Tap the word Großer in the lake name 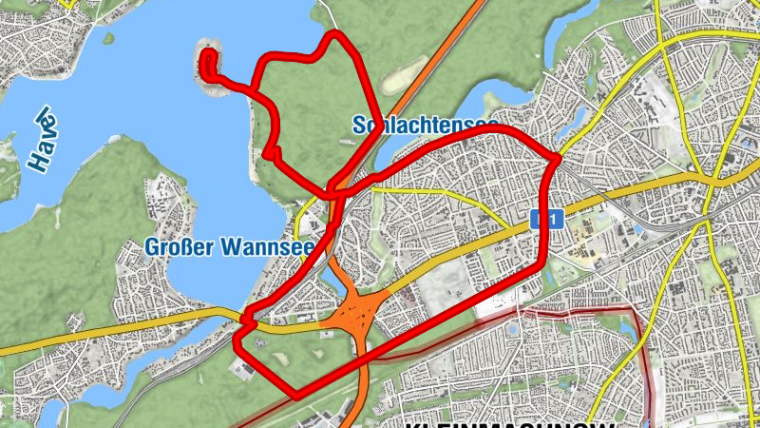click(179, 248)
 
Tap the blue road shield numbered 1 click(544, 220)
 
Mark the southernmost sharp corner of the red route click(296, 393)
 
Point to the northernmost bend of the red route click(335, 35)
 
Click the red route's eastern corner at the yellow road click(555, 157)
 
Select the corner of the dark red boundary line click(635, 310)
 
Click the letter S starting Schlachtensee click(357, 125)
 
